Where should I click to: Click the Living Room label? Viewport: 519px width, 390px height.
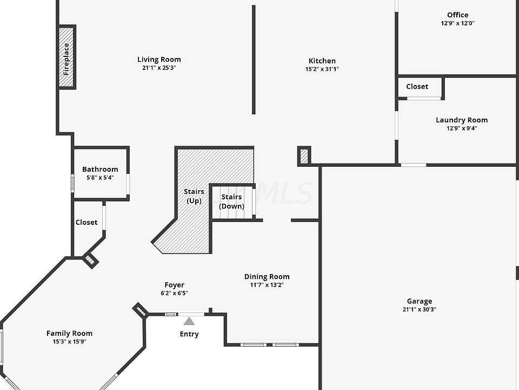click(x=159, y=60)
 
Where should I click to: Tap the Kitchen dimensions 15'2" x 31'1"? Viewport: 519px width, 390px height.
click(x=322, y=69)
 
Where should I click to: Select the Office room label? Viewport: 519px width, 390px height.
click(x=457, y=15)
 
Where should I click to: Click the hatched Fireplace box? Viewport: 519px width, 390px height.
click(x=67, y=57)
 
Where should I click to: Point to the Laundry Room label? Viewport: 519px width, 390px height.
click(x=462, y=120)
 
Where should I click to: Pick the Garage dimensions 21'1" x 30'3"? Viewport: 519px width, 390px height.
click(x=420, y=310)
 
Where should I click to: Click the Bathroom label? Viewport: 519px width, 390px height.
click(x=100, y=169)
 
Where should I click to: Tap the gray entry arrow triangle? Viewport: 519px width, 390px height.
click(x=189, y=321)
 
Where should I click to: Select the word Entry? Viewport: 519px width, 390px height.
click(x=189, y=334)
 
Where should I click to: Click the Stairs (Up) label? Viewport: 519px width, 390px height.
click(x=194, y=196)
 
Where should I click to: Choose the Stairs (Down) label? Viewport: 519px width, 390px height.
click(x=231, y=201)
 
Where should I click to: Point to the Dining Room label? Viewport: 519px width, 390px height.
click(x=267, y=276)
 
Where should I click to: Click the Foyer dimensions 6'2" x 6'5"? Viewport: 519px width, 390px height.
click(x=174, y=293)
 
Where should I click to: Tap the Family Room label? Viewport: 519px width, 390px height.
click(x=69, y=333)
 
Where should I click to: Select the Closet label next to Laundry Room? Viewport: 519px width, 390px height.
click(x=417, y=87)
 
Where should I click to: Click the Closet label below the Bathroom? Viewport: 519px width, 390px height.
click(x=86, y=222)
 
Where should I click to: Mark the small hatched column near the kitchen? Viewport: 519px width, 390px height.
click(x=304, y=155)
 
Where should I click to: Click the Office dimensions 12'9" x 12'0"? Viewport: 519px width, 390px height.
click(x=457, y=23)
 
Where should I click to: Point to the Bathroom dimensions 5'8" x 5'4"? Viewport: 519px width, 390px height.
click(x=100, y=178)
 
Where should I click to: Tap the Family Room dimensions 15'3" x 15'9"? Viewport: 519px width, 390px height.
click(x=69, y=342)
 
